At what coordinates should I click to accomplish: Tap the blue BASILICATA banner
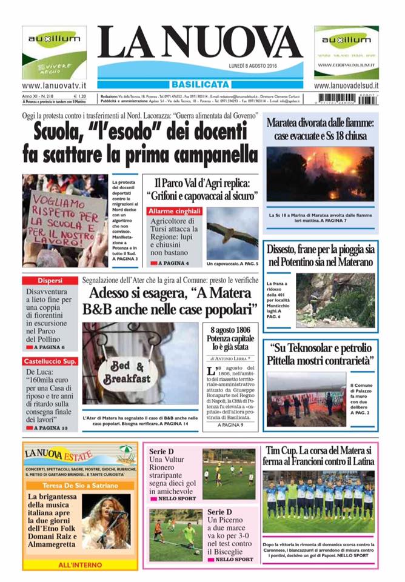click(199, 84)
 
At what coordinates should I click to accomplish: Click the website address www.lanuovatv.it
click(54, 87)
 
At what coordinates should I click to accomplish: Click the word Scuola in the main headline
click(64, 130)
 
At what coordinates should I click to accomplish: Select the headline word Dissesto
click(289, 250)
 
